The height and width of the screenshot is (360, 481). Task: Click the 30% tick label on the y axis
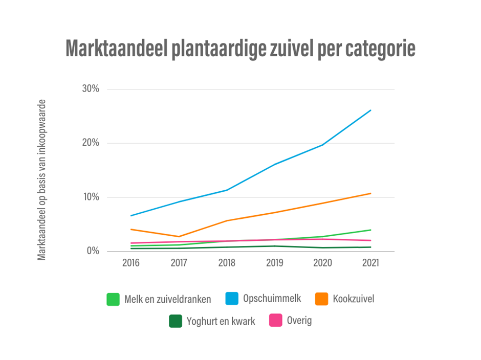(90, 89)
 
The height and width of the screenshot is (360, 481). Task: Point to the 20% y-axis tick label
(90, 143)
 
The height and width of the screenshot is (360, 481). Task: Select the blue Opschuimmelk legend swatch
(232, 299)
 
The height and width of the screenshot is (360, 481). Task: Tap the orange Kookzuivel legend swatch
(322, 299)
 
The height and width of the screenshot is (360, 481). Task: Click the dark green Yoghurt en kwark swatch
(176, 321)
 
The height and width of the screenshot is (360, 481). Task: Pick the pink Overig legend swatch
(276, 321)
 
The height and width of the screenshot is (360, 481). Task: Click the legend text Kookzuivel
(353, 299)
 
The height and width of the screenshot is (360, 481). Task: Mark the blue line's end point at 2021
(370, 110)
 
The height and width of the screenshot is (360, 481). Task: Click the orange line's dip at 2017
(179, 237)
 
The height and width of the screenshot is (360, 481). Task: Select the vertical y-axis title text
(42, 179)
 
